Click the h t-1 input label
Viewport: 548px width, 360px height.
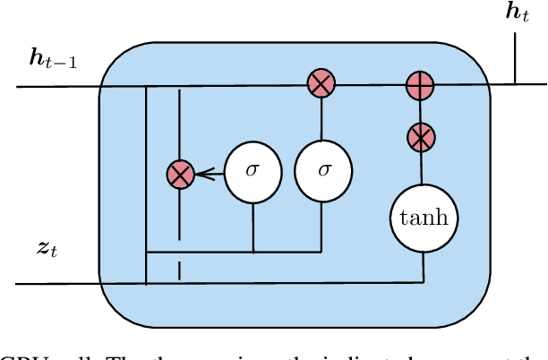pos(53,60)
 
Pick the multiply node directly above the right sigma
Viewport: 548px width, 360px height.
pos(320,85)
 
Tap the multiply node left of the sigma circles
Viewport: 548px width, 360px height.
pos(181,175)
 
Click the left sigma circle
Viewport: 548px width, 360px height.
pos(253,170)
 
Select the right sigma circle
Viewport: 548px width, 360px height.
pos(323,170)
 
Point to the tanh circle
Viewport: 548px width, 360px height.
pos(424,219)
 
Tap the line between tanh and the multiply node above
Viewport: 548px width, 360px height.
pos(420,170)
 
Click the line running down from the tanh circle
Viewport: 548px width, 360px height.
pos(423,264)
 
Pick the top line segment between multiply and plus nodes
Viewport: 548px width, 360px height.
pos(369,85)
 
